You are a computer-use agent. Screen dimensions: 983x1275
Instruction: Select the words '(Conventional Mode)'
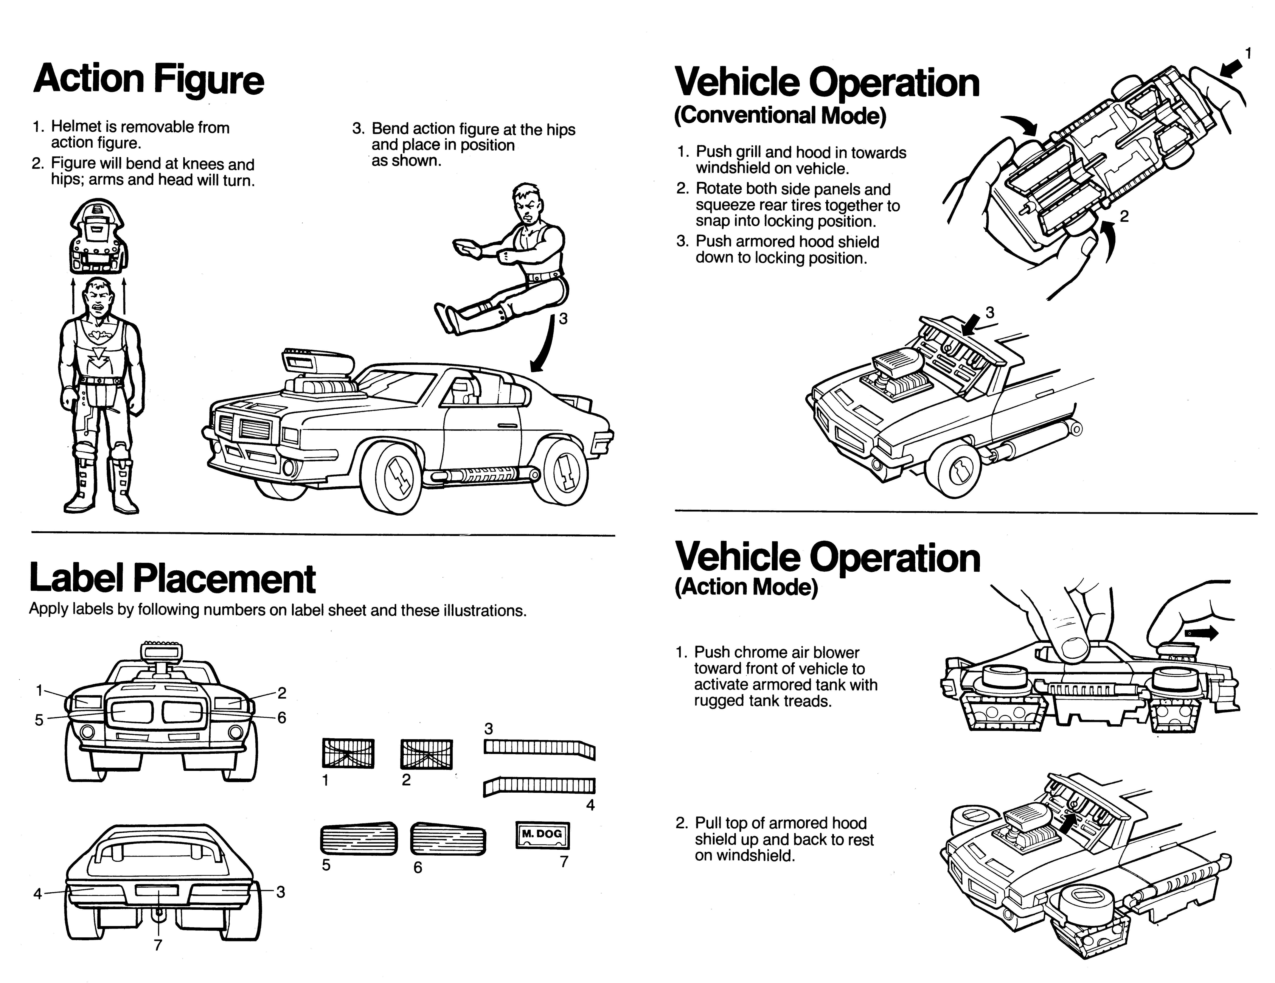[x=780, y=115]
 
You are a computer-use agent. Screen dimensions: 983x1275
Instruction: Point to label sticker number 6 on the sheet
[x=448, y=839]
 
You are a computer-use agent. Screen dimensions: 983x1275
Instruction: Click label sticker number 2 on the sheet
[x=426, y=753]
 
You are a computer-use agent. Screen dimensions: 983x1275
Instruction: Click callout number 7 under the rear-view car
[x=158, y=945]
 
